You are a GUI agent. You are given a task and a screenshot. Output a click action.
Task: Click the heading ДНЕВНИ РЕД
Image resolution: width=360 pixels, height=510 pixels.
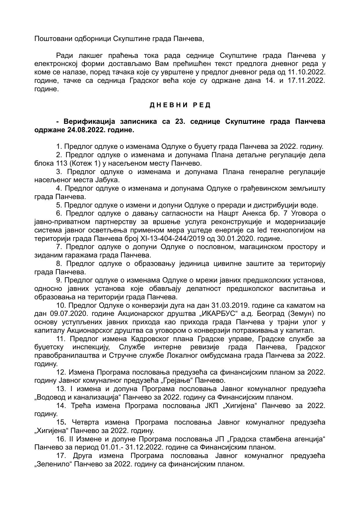[180, 105]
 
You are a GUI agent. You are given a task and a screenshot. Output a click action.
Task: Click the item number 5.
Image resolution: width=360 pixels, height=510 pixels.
[59, 205]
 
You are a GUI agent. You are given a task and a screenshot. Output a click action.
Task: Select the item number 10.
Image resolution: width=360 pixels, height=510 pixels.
[61, 305]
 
